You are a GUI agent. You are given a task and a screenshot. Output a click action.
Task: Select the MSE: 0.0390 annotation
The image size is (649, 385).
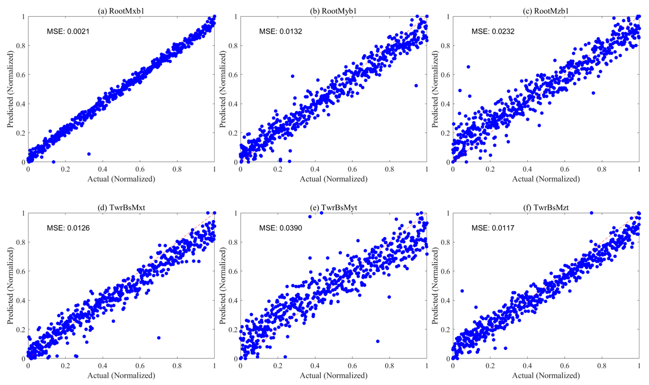pyautogui.click(x=281, y=228)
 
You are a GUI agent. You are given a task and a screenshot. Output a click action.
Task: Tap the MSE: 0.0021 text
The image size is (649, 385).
pyautogui.click(x=68, y=31)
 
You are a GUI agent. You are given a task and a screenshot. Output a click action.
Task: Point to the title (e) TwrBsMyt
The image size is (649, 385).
pyautogui.click(x=333, y=208)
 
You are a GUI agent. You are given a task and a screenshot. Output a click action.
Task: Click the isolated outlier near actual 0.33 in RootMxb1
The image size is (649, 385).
pyautogui.click(x=89, y=154)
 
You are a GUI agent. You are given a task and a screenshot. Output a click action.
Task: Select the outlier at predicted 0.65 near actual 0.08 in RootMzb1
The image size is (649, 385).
pyautogui.click(x=468, y=67)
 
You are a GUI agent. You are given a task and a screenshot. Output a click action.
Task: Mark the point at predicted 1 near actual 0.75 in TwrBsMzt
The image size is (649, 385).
pyautogui.click(x=592, y=213)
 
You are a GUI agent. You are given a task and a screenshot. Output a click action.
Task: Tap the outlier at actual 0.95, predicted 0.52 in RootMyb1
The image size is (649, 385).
pyautogui.click(x=416, y=86)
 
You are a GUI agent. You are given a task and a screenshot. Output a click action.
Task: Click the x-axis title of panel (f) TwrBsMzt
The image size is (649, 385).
pyautogui.click(x=546, y=375)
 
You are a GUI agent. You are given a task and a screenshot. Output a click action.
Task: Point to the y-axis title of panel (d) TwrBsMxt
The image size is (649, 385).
pyautogui.click(x=10, y=285)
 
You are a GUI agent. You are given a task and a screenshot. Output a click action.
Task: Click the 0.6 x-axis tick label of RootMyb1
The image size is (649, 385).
pyautogui.click(x=352, y=169)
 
